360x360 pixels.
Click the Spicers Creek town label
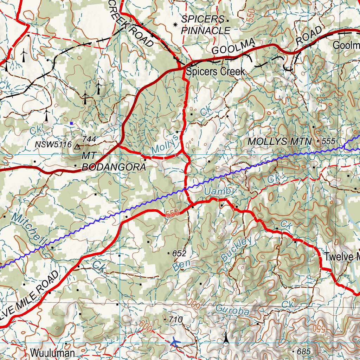pyautogui.click(x=215, y=72)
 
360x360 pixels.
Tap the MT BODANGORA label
pyautogui.click(x=113, y=161)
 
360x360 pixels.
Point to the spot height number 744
pyautogui.click(x=89, y=139)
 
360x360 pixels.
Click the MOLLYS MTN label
pyautogui.click(x=279, y=142)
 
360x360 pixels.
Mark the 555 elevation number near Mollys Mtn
pyautogui.click(x=329, y=141)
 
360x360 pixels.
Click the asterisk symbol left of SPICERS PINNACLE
pyautogui.click(x=175, y=25)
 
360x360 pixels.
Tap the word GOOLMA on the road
pyautogui.click(x=233, y=47)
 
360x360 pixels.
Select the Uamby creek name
pyautogui.click(x=220, y=191)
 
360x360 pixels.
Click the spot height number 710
pyautogui.click(x=175, y=320)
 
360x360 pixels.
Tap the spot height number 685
pyautogui.click(x=304, y=351)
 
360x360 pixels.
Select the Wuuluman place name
pyautogui.click(x=52, y=353)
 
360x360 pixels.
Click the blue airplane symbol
pyautogui.click(x=175, y=342)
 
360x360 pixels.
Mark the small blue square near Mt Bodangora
pyautogui.click(x=71, y=123)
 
